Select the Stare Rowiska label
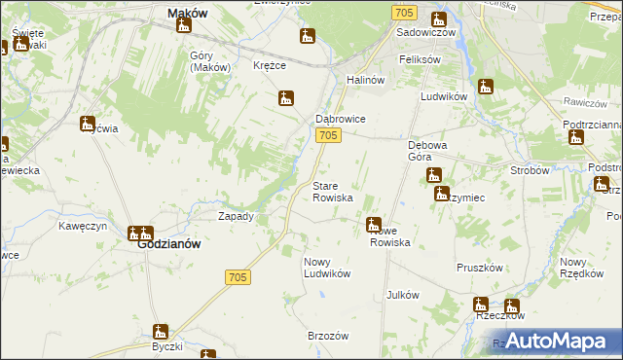pos(333,192)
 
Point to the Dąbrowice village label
pos(340,119)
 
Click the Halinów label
pos(368,80)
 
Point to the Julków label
pos(403,295)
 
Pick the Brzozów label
pos(328,335)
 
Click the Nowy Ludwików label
pos(326,268)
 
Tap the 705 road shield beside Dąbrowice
pos(328,136)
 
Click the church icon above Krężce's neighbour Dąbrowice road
pos(286,98)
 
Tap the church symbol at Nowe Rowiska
pos(374,226)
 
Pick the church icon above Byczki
pos(161,332)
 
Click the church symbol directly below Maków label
pos(184,26)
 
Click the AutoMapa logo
pos(553,341)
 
